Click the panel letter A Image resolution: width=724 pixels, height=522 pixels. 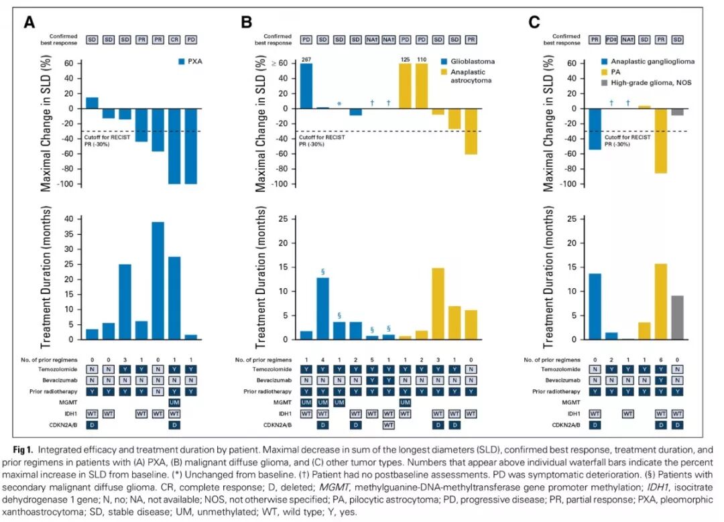[29, 22]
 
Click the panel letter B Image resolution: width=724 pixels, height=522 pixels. [247, 22]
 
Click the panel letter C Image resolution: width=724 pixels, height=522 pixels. [534, 22]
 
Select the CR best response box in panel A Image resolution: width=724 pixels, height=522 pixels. [174, 40]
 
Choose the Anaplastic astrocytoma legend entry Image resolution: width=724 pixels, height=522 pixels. [467, 76]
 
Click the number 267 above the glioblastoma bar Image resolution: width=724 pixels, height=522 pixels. [306, 60]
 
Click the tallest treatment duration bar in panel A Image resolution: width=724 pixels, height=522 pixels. [158, 281]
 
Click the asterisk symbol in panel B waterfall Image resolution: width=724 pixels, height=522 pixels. [339, 104]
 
